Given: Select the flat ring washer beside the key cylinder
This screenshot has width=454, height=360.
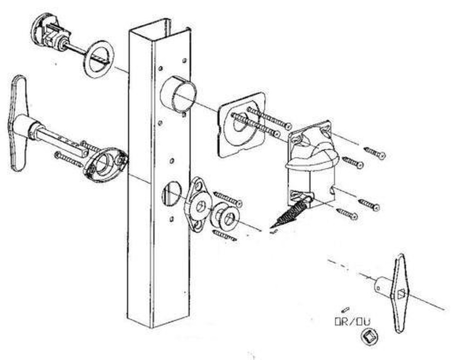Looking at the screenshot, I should click(98, 59).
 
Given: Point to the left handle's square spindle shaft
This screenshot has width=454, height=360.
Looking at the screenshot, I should click(61, 142).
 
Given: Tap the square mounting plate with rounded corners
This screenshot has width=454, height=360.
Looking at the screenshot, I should click(241, 124).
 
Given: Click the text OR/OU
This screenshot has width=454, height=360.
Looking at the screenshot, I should click(353, 322).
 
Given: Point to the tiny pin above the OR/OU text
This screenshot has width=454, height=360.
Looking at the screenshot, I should click(345, 310).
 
